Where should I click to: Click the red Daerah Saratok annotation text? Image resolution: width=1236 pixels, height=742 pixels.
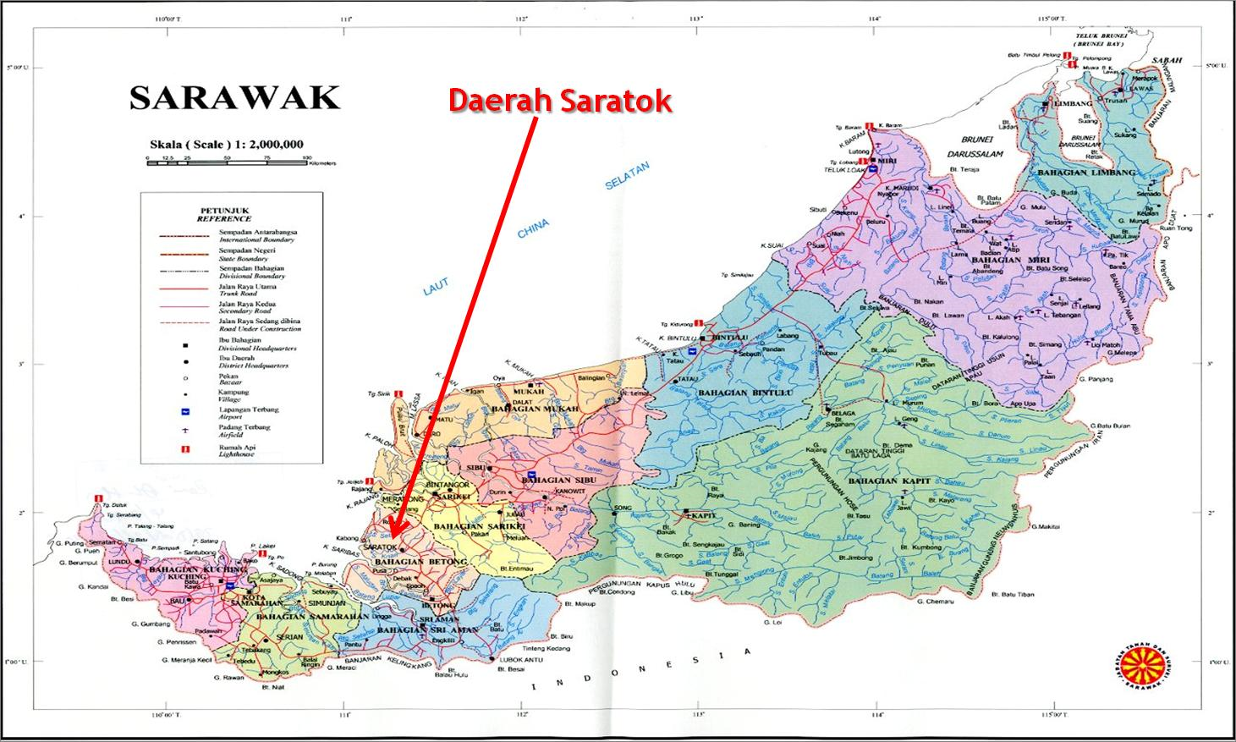point(559,101)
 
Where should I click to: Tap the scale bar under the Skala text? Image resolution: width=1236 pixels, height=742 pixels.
point(229,162)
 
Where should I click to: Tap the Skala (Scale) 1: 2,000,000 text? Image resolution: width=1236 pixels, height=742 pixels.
point(226,144)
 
